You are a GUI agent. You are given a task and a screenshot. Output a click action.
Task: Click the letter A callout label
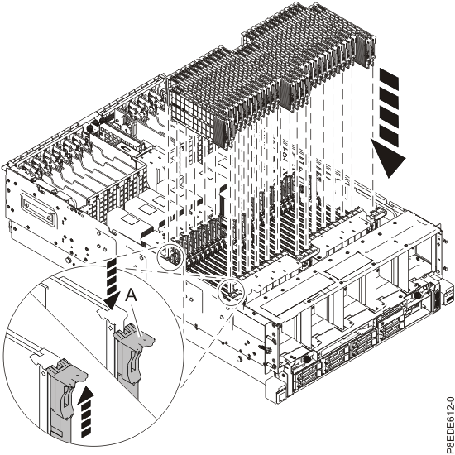pyautogui.click(x=132, y=296)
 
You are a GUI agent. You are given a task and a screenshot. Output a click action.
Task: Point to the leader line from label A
pyautogui.click(x=136, y=320)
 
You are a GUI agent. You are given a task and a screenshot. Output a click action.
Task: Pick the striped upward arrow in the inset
pyautogui.click(x=87, y=411)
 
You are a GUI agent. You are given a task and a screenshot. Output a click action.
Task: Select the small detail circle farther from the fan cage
pyautogui.click(x=171, y=256)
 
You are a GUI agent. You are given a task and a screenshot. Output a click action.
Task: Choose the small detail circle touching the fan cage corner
pyautogui.click(x=232, y=292)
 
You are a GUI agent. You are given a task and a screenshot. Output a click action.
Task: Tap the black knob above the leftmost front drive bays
pyautogui.click(x=306, y=359)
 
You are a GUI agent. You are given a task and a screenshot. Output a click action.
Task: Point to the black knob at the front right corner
pyautogui.click(x=417, y=295)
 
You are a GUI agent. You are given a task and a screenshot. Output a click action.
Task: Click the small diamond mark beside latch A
pyautogui.click(x=110, y=328)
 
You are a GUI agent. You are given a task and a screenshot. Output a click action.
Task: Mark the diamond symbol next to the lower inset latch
pyautogui.click(x=43, y=373)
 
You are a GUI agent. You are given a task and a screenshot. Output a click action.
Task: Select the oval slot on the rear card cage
pyautogui.click(x=127, y=147)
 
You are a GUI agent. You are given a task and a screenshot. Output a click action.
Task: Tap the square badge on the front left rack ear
pyautogui.click(x=281, y=395)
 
